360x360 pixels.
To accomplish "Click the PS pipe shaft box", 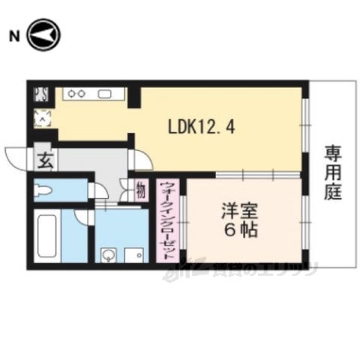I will pos(40,94).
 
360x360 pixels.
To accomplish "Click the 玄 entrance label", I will pos(44,160).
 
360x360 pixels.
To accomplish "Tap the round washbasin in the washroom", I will pos(109,254).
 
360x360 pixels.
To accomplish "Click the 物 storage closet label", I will pos(140,190).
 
